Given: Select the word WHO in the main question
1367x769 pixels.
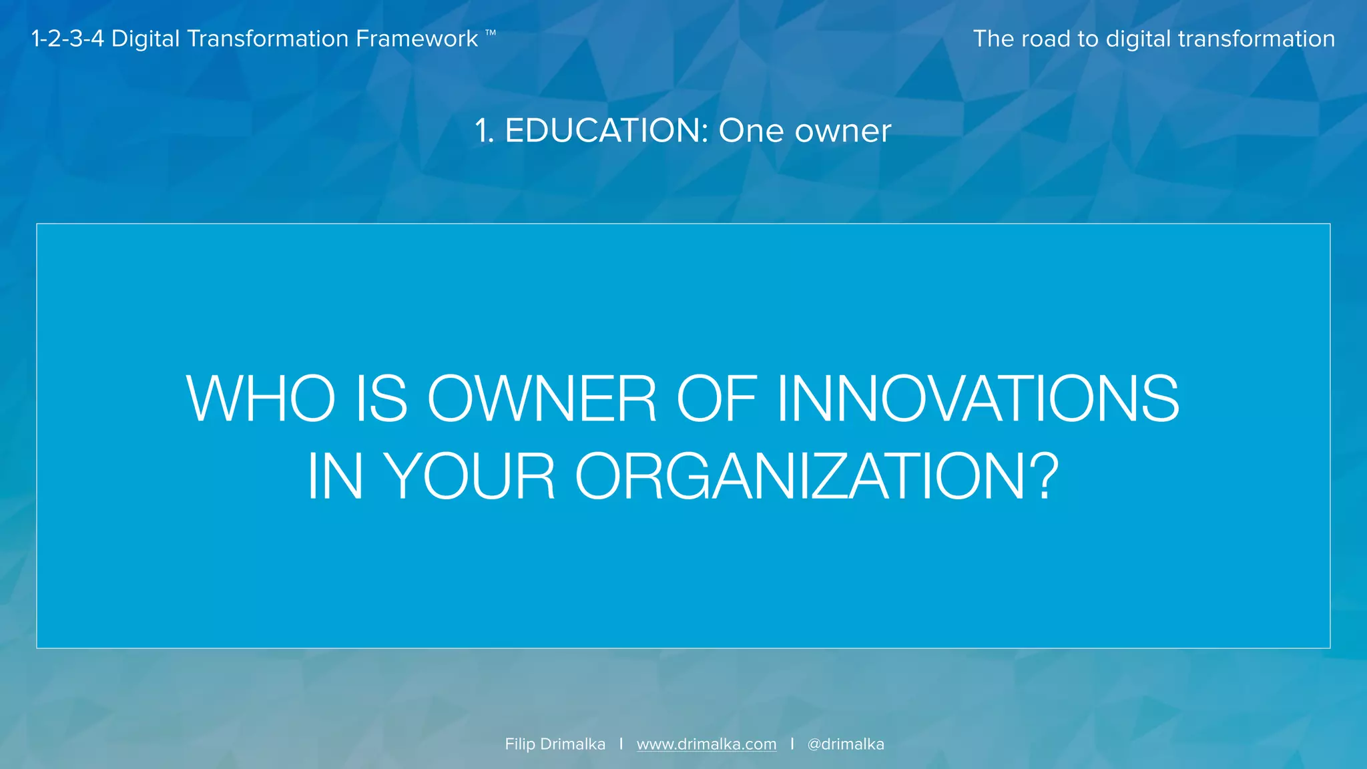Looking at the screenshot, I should [x=260, y=399].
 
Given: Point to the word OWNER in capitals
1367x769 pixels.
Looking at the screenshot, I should [x=541, y=399].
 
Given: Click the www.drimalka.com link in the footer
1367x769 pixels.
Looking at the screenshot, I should [x=706, y=744].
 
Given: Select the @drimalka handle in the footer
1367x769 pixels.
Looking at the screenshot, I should [x=846, y=744].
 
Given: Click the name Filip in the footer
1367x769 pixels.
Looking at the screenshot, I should [x=520, y=744].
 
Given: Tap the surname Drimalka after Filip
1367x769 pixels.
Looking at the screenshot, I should [x=573, y=744].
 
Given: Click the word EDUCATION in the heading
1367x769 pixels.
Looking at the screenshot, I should [x=606, y=131].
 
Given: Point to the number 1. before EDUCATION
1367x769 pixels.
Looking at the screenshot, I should [x=485, y=131].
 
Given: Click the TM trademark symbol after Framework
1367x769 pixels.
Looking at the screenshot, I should [x=491, y=32].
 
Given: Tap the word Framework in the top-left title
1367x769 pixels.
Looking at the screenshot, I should [x=417, y=39].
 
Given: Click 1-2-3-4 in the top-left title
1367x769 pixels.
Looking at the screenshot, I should [x=67, y=39].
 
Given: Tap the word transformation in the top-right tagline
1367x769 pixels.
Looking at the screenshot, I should [x=1256, y=39].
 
